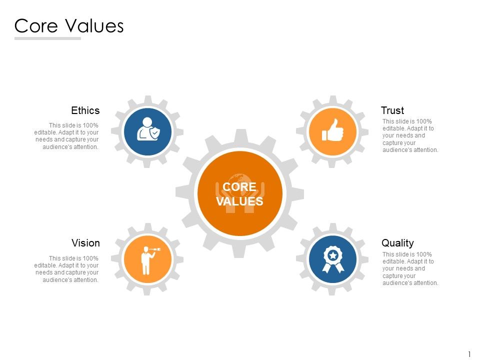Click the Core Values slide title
[69, 26]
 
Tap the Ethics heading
[85, 110]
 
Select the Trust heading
[392, 110]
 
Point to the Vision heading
[85, 243]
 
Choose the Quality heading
[397, 243]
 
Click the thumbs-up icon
[332, 131]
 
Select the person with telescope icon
[147, 259]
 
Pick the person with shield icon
[148, 129]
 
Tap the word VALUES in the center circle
[239, 201]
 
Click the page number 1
[469, 354]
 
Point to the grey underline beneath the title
[47, 38]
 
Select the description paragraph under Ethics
[66, 136]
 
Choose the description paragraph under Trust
[410, 135]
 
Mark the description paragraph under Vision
[66, 269]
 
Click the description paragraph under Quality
[410, 268]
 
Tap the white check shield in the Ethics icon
[155, 133]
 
